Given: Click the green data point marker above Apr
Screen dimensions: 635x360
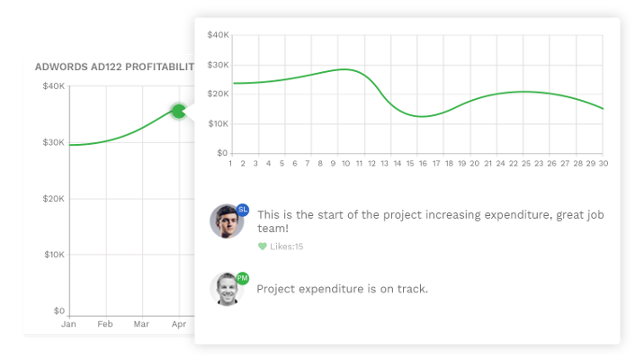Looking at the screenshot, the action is coord(179,111).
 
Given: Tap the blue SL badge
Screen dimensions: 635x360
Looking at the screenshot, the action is coord(243,210).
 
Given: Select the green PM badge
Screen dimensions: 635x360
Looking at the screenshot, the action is coord(242,278).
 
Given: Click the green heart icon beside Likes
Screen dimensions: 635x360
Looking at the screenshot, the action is coord(263,247).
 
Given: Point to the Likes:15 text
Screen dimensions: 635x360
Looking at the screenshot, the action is coord(286,247).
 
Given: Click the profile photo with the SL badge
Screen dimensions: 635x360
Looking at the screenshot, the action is coord(227,220).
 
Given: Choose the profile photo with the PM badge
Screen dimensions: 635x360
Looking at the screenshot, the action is coord(227,289).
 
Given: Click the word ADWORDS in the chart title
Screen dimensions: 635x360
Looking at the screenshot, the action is coord(61,67).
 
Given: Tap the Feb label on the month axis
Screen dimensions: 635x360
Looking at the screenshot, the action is coord(105,324).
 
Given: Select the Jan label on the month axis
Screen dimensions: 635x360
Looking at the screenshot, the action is coord(68,324).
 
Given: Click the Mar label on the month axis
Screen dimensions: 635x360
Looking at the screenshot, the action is coord(141,324).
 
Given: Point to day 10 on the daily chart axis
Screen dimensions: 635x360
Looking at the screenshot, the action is coord(346,164).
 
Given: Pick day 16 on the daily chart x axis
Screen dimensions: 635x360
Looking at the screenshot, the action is coord(423,164).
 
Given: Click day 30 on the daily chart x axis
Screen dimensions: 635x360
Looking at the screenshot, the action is coord(604,164).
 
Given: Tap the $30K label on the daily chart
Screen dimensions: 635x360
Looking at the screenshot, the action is coord(218,65).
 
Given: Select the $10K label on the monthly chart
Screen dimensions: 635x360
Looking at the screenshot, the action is coord(54,255).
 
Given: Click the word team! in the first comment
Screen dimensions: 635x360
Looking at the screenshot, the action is coord(273,229).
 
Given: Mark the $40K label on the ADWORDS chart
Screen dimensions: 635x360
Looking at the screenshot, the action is coord(53,85).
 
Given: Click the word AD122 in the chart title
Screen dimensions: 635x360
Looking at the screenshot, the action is coord(106,67).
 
